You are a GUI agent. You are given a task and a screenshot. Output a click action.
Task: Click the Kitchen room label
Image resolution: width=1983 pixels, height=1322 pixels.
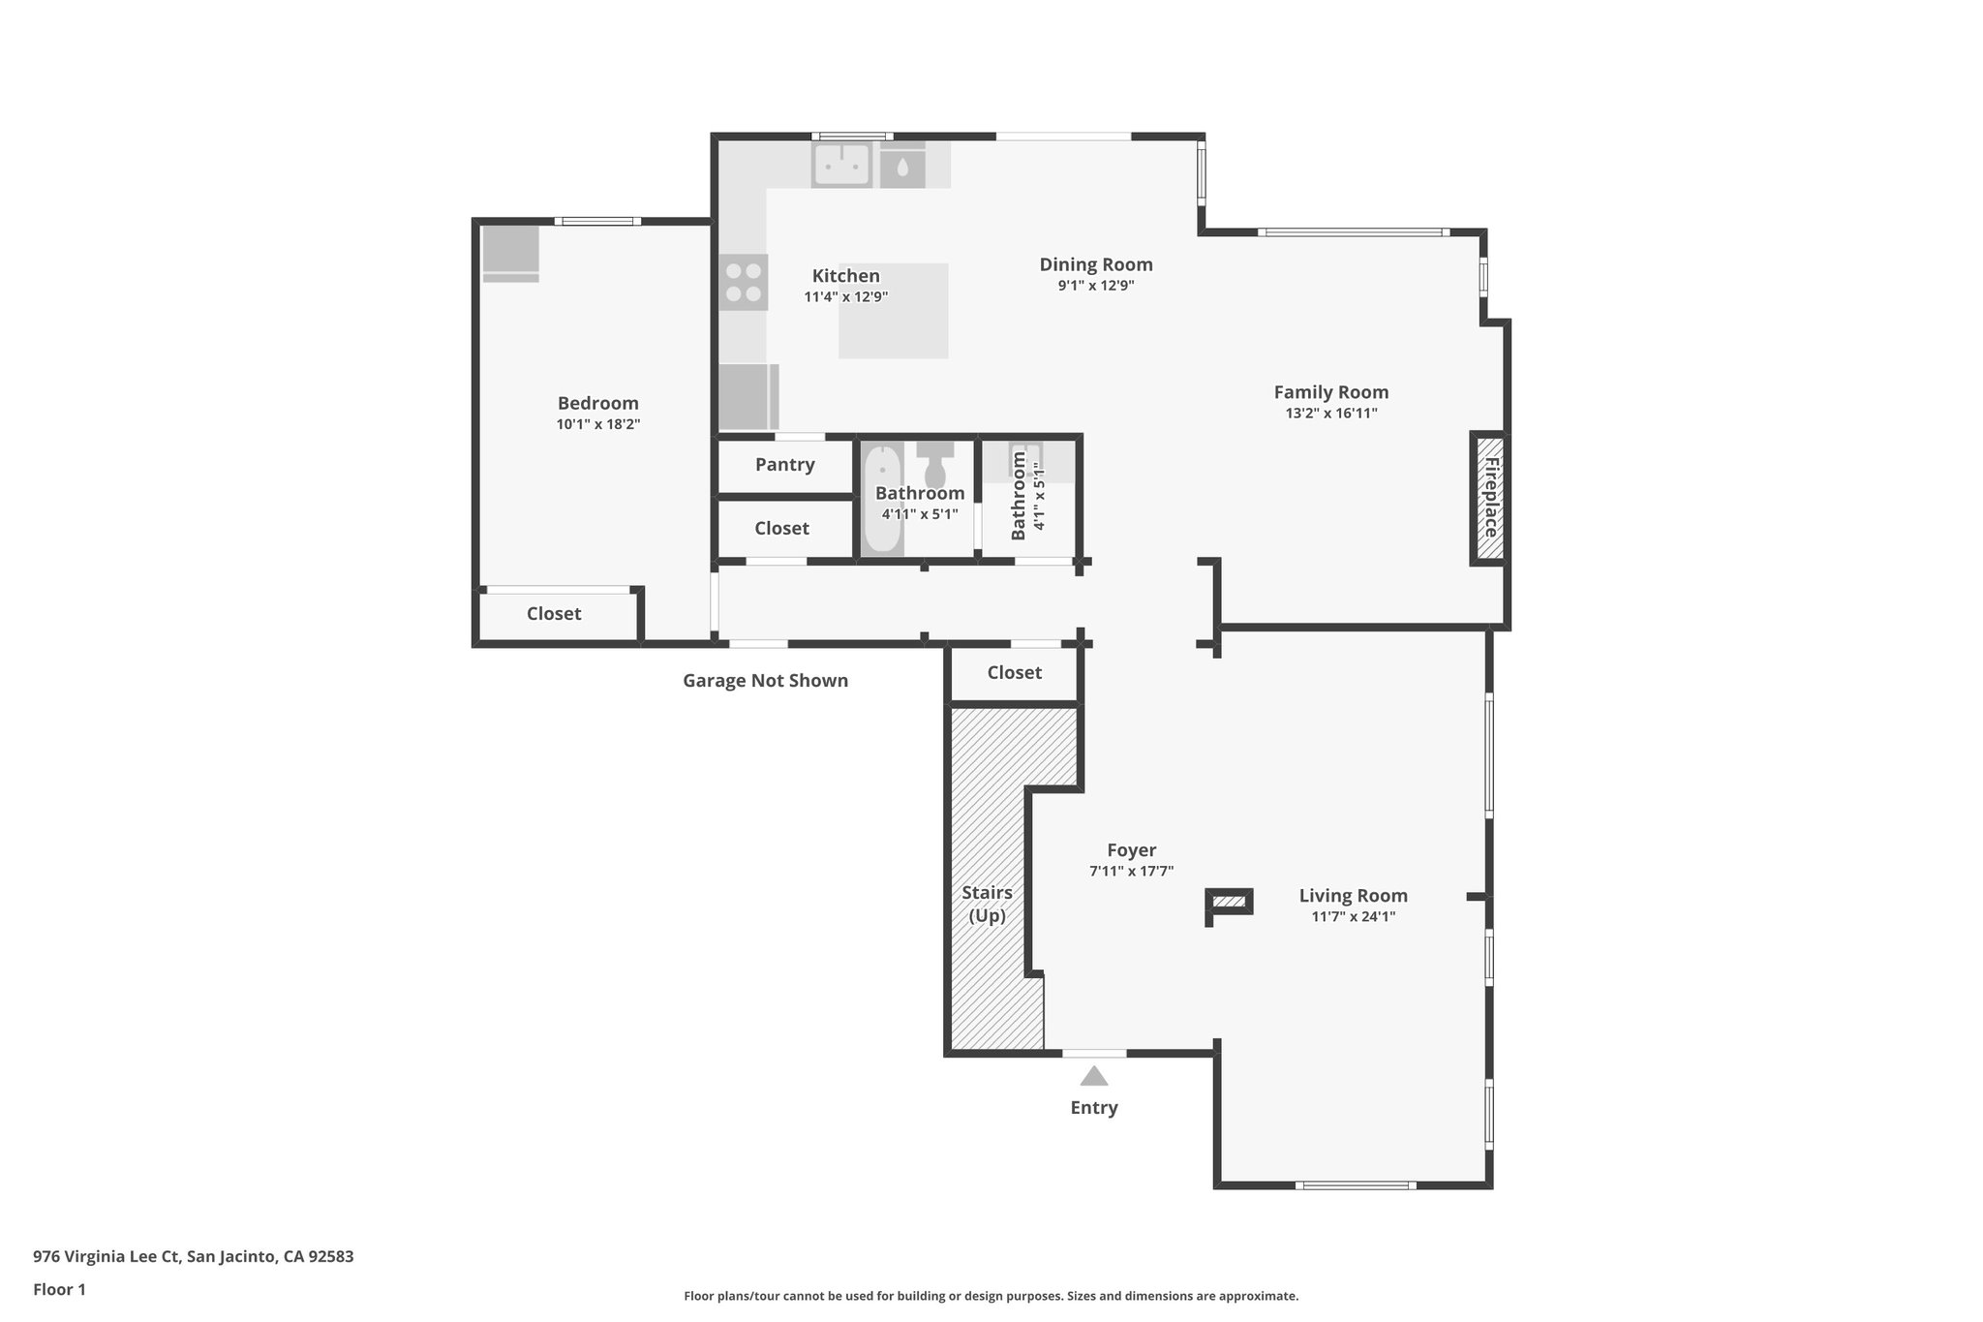click(845, 276)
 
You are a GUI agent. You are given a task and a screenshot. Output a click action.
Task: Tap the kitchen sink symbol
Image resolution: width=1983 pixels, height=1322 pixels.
click(840, 165)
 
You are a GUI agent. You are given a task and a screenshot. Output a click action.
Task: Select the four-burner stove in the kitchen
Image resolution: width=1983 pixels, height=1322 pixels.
click(744, 282)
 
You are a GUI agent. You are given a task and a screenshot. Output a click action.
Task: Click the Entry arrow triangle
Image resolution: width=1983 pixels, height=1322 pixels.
click(1094, 1076)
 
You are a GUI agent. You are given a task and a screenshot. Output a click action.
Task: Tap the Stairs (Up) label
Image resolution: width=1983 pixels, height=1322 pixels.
click(987, 904)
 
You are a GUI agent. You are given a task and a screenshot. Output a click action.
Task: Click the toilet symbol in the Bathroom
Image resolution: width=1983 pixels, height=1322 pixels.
click(935, 467)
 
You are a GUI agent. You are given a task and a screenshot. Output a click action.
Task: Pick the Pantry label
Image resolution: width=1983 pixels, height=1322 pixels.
click(784, 465)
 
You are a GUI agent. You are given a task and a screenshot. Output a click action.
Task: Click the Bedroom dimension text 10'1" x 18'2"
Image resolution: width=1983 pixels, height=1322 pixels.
click(597, 424)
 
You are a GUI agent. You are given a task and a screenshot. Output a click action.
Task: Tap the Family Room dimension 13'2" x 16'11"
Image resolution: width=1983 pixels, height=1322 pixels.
click(1330, 414)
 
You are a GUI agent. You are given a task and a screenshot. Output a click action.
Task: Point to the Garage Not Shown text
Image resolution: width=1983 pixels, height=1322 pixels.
click(765, 681)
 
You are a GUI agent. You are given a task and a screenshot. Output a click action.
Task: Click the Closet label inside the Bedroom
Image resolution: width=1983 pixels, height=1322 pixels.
click(554, 614)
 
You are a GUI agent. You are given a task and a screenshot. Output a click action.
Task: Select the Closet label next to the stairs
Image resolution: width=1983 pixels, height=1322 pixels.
click(1014, 673)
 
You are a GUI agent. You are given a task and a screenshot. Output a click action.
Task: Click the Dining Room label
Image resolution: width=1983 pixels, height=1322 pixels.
click(1095, 264)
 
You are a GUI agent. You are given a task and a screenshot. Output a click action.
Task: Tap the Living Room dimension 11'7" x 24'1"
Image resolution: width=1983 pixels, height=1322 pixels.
click(1353, 917)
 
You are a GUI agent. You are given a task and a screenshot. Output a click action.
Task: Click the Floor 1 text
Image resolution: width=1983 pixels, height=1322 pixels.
click(59, 1289)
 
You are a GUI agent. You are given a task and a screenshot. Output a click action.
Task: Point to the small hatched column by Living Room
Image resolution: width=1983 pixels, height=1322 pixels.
click(1230, 902)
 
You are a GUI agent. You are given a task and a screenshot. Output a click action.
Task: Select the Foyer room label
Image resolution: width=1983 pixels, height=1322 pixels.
click(1131, 850)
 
